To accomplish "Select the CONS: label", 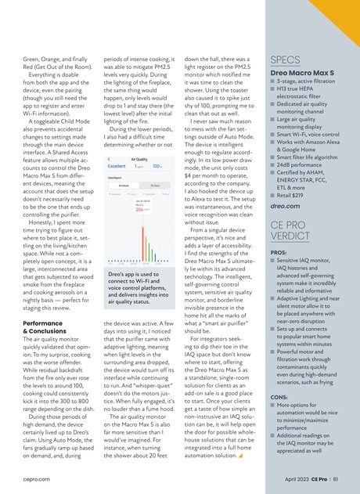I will (x=280, y=397).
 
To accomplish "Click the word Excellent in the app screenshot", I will (x=117, y=166).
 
